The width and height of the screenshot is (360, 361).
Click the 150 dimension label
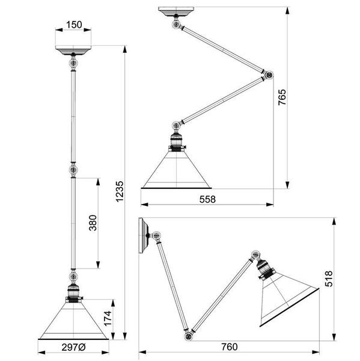tap(74, 25)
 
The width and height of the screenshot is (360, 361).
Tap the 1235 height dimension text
tap(120, 192)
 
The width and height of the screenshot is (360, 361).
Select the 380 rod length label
tap(93, 223)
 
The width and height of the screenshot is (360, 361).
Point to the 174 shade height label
tap(108, 318)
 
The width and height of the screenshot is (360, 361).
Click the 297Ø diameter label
tap(73, 347)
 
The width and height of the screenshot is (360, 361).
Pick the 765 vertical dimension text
tap(282, 97)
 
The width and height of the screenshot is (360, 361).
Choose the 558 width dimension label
tap(207, 199)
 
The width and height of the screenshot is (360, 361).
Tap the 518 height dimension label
tap(329, 279)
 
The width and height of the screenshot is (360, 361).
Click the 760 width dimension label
tap(230, 347)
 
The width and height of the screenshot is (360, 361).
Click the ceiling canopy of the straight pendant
tap(73, 50)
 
